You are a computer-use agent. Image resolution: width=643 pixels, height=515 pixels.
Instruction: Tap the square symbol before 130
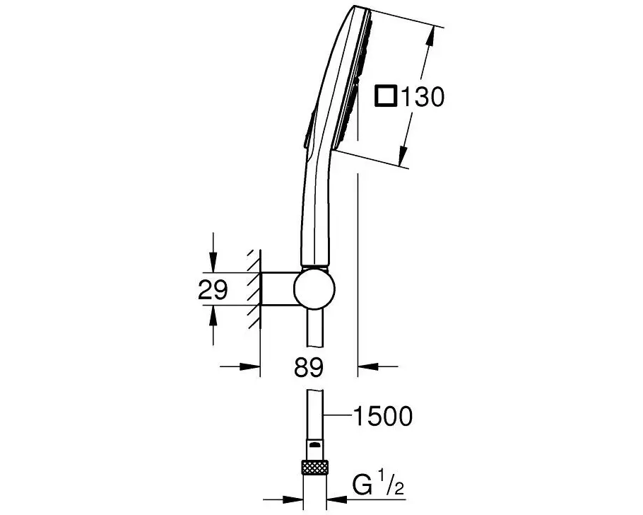click(x=386, y=96)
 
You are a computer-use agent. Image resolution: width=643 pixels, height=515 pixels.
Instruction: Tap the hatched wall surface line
click(x=261, y=290)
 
